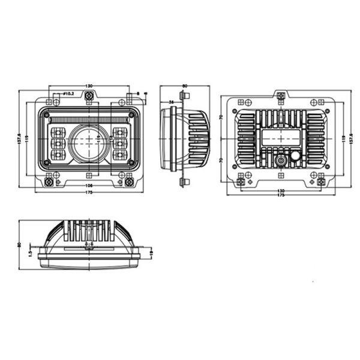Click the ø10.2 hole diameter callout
[x=67, y=94]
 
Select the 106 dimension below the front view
[x=89, y=185]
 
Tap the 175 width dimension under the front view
[x=89, y=192]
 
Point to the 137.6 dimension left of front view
[x=20, y=142]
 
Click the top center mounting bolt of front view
[x=89, y=96]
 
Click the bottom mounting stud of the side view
[x=182, y=181]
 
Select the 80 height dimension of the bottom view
[x=19, y=244]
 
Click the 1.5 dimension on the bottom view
[x=29, y=253]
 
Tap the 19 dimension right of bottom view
[x=151, y=253]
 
